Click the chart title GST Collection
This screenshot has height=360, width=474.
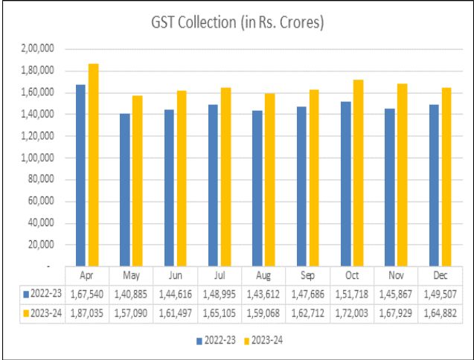(237, 23)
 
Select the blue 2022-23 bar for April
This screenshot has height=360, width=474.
(81, 175)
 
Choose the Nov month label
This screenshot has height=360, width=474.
(396, 274)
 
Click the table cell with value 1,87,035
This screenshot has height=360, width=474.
(88, 313)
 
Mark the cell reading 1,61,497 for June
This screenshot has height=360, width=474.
(176, 313)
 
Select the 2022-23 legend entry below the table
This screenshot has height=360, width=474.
(217, 341)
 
